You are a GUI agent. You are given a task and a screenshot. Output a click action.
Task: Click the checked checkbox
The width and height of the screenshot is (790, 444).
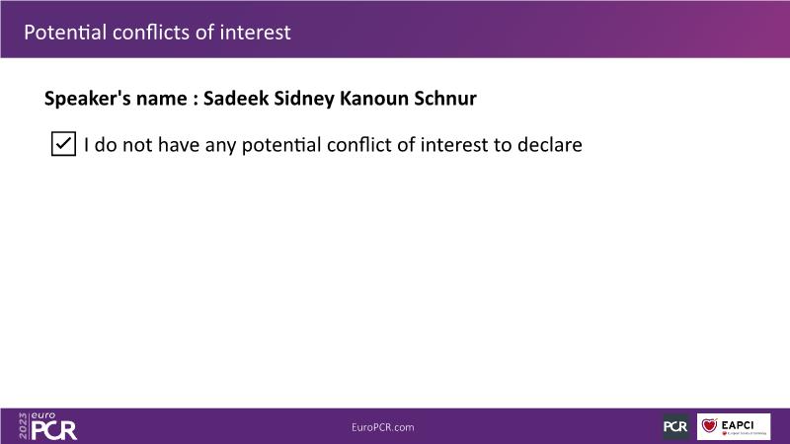click(63, 144)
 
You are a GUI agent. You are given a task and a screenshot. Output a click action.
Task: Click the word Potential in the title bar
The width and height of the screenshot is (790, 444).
click(65, 33)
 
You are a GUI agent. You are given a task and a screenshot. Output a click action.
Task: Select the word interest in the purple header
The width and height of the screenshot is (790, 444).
click(256, 33)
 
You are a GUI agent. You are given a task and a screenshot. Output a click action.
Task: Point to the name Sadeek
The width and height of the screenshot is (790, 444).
click(236, 98)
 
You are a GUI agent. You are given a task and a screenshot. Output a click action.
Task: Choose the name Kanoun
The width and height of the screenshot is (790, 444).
click(374, 98)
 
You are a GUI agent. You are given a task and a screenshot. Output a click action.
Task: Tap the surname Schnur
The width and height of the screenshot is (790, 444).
click(445, 98)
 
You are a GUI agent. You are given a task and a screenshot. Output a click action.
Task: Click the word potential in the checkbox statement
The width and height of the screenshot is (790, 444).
click(281, 145)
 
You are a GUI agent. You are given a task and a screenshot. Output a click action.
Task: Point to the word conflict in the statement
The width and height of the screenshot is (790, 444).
click(359, 144)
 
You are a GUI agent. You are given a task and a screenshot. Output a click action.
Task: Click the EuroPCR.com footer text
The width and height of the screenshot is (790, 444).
click(383, 427)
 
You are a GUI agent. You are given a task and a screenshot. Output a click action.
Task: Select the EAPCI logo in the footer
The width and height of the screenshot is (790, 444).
click(734, 426)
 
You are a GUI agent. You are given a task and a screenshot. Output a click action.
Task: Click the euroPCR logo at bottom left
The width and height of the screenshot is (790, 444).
click(48, 426)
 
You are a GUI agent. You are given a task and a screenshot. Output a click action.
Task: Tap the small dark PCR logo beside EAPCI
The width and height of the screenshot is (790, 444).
click(675, 426)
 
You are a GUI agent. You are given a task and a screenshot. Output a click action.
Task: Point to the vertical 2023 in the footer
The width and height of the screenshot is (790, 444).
click(23, 426)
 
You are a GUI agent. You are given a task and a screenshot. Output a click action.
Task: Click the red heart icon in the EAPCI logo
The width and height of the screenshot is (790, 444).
click(709, 425)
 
